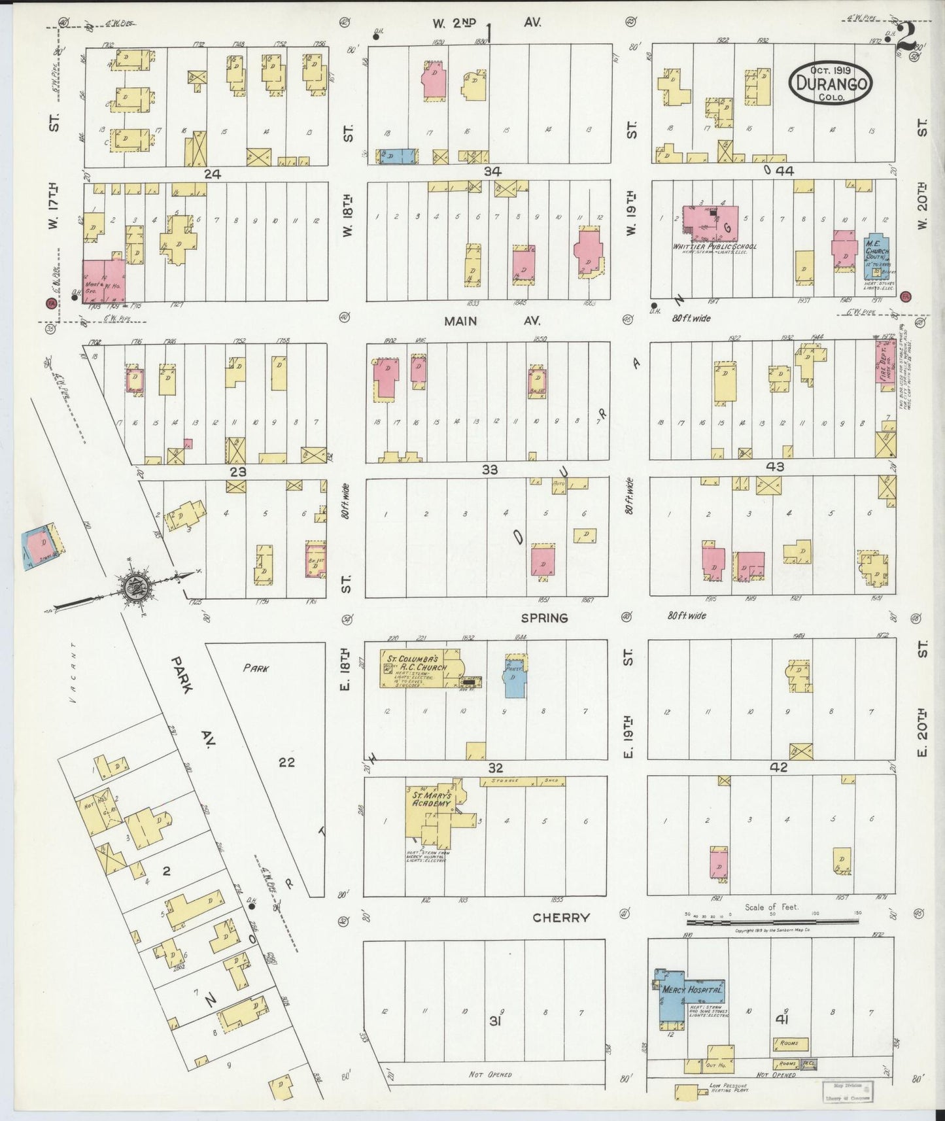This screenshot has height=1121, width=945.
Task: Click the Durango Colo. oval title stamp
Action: point(830,83)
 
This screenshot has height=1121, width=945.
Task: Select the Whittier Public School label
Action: point(715,247)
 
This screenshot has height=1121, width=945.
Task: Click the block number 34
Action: point(492,171)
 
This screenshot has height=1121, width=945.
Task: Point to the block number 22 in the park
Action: point(286,761)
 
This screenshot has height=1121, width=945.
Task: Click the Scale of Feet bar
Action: point(772,921)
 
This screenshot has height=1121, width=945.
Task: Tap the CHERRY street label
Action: point(560,918)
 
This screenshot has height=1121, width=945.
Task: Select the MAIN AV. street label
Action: point(470,321)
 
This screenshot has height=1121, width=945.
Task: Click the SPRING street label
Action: point(544,617)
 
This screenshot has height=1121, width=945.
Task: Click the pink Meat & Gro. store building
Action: point(103,280)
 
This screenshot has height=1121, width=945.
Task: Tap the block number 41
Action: point(780,1018)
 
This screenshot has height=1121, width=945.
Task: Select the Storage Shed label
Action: point(523,781)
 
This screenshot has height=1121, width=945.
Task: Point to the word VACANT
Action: point(74,674)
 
